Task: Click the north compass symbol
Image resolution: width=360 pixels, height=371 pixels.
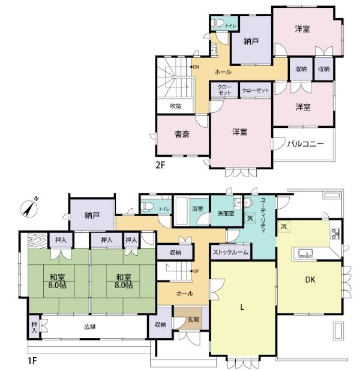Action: pos(29,208)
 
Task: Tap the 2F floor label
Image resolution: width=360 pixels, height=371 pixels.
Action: pos(160,165)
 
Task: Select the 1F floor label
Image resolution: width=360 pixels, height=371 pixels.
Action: pos(32,361)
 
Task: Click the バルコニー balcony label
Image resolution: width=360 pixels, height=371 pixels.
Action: pos(305,143)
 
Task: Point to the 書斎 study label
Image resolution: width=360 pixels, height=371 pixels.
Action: pos(182,134)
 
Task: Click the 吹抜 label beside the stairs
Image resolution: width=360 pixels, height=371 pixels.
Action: pos(176,106)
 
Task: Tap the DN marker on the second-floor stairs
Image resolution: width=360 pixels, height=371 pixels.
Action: pos(195,67)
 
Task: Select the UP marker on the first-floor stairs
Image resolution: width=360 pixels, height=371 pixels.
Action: pos(194,271)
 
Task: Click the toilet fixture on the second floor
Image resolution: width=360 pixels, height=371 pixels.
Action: pos(218,23)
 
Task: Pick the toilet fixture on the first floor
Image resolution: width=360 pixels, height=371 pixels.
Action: pos(146,207)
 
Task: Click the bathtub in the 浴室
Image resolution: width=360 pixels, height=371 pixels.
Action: pos(181,211)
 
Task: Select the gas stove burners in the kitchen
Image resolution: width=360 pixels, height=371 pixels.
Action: pos(335,234)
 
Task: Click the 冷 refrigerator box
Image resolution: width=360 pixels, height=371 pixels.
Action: pos(284,226)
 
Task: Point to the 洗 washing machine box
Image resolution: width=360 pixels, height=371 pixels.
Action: pos(250,218)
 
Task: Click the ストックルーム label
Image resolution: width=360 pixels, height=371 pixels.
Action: pos(230,252)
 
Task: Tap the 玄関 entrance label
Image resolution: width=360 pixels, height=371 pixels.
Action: pos(193,319)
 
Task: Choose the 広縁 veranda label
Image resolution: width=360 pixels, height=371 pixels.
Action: pos(90,327)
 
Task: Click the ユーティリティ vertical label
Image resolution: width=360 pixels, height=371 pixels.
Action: pos(263,216)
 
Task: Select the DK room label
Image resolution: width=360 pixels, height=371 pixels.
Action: pos(310,280)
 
